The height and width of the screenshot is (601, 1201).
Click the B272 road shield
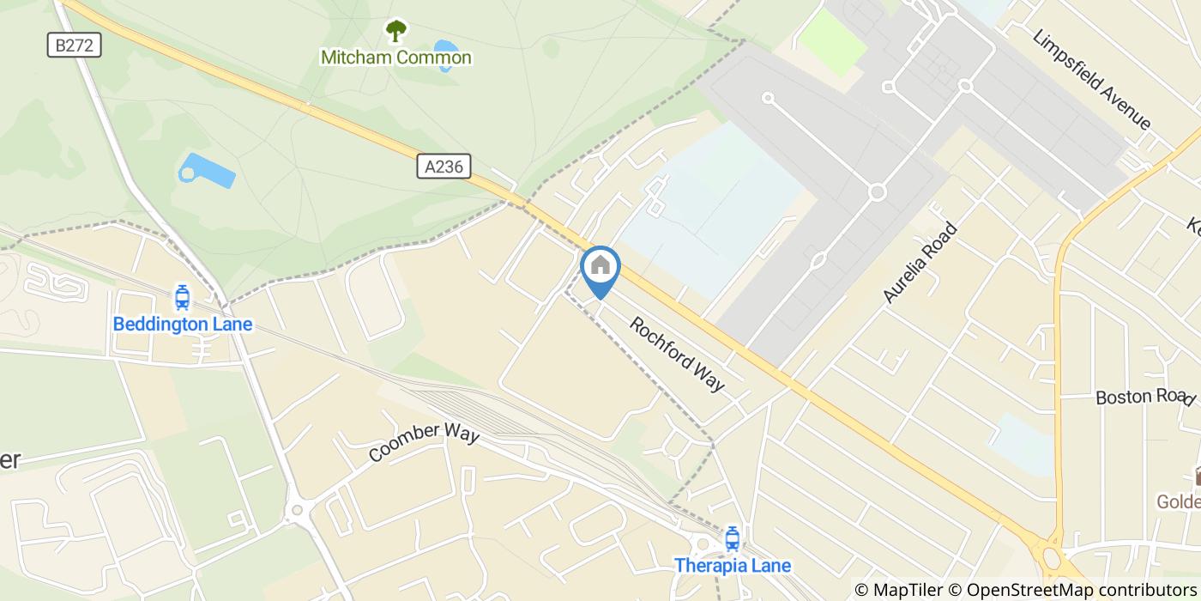click(74, 45)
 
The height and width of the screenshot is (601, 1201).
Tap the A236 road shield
click(444, 166)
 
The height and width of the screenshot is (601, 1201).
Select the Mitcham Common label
click(395, 58)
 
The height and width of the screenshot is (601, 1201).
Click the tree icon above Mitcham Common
click(395, 31)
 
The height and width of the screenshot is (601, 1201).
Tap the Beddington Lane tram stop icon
click(182, 298)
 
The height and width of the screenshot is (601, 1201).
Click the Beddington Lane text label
click(183, 325)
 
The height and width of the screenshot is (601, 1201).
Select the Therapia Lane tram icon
click(732, 539)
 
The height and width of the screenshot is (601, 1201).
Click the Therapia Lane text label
click(732, 566)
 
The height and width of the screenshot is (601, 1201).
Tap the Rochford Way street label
click(677, 354)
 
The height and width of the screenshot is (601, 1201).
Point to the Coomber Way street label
click(424, 443)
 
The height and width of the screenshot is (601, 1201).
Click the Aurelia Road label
click(920, 263)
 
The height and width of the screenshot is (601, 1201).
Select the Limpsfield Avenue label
click(1092, 79)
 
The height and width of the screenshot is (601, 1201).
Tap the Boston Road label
click(1144, 397)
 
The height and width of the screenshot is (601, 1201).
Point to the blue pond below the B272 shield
click(207, 171)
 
